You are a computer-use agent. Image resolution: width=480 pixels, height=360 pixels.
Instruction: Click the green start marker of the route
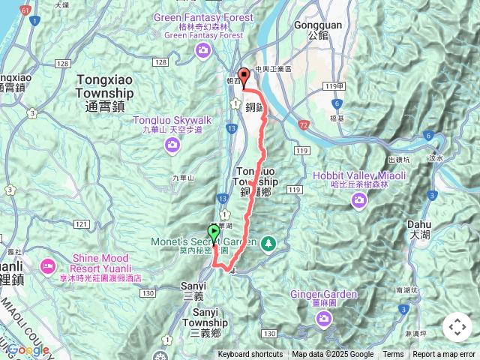point(214,232)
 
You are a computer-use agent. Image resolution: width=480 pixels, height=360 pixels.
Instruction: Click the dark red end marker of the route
point(243,76)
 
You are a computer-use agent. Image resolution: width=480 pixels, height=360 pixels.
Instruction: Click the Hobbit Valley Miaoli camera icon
point(359,199)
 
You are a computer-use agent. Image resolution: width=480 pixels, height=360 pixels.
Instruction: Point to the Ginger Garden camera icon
point(324,319)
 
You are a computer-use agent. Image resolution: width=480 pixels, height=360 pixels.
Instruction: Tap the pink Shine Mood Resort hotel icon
point(49,265)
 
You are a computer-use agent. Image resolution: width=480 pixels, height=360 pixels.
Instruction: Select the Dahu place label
point(419,229)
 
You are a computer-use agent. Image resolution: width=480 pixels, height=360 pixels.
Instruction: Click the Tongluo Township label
point(255,181)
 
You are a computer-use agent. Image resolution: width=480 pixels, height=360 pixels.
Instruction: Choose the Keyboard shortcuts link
point(250,355)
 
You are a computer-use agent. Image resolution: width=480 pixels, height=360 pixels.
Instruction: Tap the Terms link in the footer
point(393,355)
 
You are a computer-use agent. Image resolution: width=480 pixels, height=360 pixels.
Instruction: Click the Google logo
point(28,349)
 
